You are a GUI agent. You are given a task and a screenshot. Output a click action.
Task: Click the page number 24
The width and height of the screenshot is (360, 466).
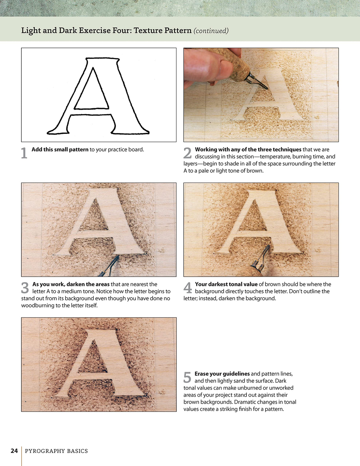pyautogui.click(x=14, y=451)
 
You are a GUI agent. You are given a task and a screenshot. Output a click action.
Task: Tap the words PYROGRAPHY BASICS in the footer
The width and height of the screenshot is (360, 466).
pyautogui.click(x=56, y=451)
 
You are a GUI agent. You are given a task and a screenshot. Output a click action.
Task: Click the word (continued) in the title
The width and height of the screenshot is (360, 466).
pyautogui.click(x=211, y=31)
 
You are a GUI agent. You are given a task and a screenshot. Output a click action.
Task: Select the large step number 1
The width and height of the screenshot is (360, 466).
pyautogui.click(x=24, y=153)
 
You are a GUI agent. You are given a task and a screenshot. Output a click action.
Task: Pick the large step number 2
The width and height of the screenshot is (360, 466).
pyautogui.click(x=187, y=153)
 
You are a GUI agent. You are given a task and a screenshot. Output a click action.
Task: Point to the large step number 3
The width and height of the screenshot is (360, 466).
pyautogui.click(x=25, y=288)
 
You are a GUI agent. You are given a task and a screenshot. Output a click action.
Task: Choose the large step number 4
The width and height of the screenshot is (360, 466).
pyautogui.click(x=188, y=288)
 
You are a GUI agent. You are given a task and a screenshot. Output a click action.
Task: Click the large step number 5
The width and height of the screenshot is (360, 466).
pyautogui.click(x=187, y=378)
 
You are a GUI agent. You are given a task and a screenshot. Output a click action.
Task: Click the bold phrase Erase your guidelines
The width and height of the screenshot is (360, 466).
pyautogui.click(x=222, y=374)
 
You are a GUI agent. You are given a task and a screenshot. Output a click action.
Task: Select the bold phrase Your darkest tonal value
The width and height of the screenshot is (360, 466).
pyautogui.click(x=226, y=284)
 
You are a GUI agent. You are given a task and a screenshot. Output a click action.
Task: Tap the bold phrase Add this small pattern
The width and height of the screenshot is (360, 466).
pyautogui.click(x=60, y=149)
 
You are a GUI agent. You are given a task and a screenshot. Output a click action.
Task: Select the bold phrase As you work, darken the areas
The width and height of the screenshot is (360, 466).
pyautogui.click(x=71, y=284)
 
